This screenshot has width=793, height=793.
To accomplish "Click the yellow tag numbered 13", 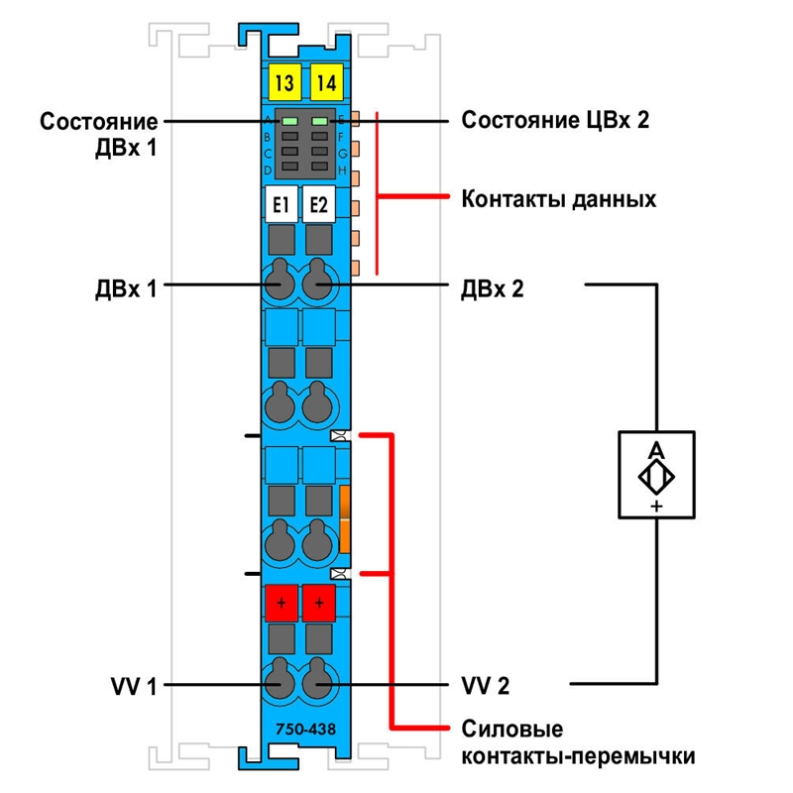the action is coord(285,82).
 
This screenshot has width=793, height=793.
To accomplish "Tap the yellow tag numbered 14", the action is coord(327,82).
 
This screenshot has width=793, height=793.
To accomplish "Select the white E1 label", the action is coord(282,205).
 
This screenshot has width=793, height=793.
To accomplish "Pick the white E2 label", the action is coord(318,205).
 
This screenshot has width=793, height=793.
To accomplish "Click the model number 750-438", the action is coord(305,729).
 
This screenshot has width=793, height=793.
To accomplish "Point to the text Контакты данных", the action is coord(559,199).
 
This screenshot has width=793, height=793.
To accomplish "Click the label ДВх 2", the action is coord(492,289).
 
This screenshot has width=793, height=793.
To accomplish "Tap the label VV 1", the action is coord(134,686).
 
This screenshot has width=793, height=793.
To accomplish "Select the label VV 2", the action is coord(486,686).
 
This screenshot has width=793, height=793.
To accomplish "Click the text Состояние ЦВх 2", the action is coord(555,120).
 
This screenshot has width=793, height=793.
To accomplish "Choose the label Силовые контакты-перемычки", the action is coord(578,742).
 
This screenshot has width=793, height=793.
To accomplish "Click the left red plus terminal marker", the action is coord(282,603).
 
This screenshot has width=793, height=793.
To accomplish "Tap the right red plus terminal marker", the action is coord(319,603).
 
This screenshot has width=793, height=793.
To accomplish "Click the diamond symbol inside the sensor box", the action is coord(656,477).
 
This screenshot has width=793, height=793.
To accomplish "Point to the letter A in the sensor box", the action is coord(656,449).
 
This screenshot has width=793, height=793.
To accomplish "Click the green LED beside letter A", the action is coord(289,121).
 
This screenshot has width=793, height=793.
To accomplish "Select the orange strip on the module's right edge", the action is coord(345,518).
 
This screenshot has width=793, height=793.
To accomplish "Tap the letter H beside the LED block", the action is coord(342,170).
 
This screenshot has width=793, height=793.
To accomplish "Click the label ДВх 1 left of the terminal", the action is coord(126,289).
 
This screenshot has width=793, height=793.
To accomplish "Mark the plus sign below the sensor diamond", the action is coord(656,506).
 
